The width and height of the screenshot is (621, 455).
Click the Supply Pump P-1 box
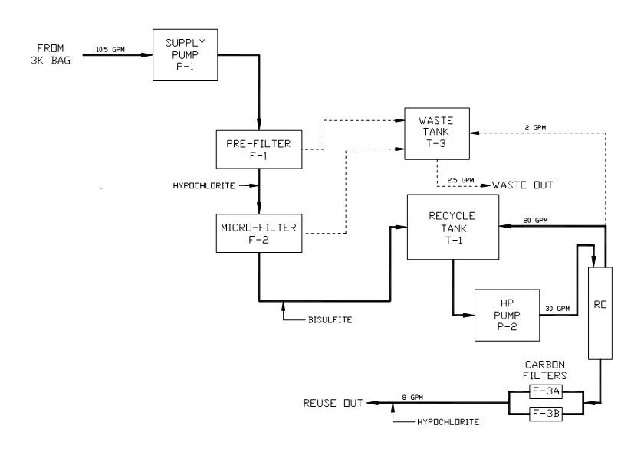(185, 55)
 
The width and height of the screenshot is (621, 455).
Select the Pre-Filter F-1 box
(259, 149)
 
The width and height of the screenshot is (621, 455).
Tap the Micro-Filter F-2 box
(259, 234)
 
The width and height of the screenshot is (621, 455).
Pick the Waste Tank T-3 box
(437, 134)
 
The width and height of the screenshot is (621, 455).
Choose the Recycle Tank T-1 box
(453, 227)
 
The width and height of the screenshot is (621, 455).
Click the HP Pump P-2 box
(507, 316)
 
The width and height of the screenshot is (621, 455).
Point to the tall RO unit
(600, 313)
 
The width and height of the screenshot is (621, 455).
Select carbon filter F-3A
(546, 391)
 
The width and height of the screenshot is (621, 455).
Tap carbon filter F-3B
(546, 414)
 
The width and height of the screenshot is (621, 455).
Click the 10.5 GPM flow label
(110, 50)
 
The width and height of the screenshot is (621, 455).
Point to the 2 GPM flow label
(535, 128)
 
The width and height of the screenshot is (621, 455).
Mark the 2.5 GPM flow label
(461, 180)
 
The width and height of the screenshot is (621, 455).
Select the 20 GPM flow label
(535, 221)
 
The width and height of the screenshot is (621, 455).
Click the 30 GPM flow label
(557, 309)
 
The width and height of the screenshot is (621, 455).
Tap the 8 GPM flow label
(412, 398)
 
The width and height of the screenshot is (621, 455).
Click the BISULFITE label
(330, 319)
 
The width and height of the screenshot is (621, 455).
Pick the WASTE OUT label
(522, 185)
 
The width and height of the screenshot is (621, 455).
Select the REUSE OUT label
(333, 403)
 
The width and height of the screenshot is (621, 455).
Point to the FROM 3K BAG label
(51, 54)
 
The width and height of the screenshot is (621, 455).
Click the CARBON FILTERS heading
(545, 370)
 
